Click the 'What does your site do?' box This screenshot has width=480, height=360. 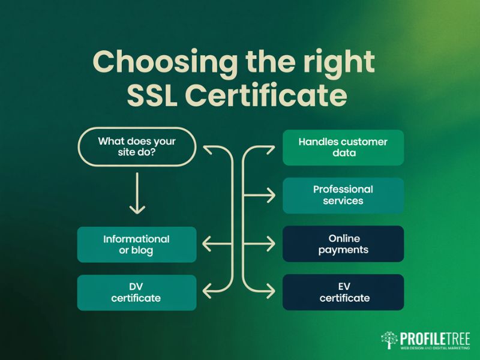click(x=137, y=148)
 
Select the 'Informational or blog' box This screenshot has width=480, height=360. click(x=137, y=244)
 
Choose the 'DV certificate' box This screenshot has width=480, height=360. click(x=137, y=292)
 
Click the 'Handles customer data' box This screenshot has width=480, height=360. click(x=343, y=148)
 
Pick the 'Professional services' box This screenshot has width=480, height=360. click(x=343, y=195)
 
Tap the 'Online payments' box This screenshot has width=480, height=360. click(x=343, y=244)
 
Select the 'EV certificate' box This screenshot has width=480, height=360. click(x=343, y=292)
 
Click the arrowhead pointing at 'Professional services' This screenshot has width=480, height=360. click(x=272, y=195)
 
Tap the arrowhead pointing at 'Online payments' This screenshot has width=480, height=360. click(x=272, y=244)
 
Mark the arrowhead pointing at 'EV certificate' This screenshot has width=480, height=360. click(x=272, y=292)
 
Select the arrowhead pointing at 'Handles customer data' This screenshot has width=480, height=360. click(x=272, y=148)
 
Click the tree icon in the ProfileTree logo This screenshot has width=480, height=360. click(x=389, y=339)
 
